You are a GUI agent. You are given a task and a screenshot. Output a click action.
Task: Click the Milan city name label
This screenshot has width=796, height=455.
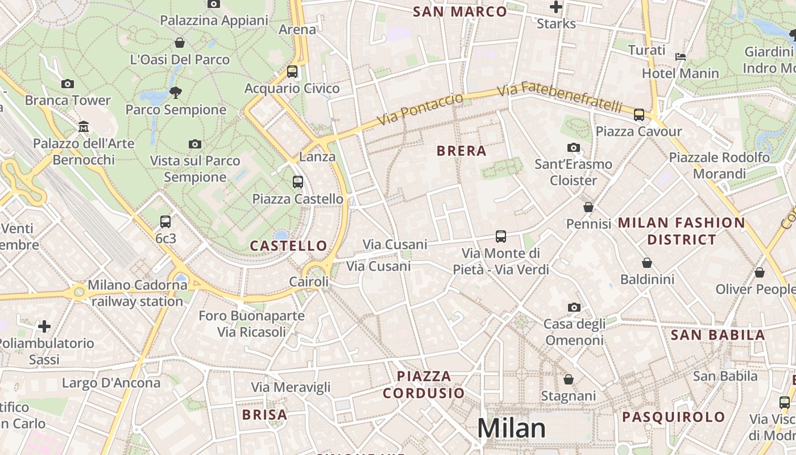(511, 428)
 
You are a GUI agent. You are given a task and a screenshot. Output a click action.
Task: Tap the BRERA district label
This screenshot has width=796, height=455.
(461, 151)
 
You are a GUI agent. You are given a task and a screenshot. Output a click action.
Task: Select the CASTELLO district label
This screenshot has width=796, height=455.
(288, 246)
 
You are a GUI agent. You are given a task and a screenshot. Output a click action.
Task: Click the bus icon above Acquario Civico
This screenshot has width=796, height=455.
(292, 72)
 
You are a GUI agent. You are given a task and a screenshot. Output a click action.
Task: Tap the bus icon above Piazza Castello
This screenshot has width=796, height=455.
(298, 182)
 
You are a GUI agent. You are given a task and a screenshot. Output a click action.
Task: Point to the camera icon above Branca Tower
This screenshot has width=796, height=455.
(68, 84)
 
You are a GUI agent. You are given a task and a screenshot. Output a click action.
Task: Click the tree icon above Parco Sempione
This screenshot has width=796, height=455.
(176, 92)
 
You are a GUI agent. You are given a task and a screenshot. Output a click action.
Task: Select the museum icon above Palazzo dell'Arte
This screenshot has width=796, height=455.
(84, 126)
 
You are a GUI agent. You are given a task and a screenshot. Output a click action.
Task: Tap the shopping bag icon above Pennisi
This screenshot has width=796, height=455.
(588, 207)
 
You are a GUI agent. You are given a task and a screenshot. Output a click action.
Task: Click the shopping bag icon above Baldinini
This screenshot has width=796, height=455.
(647, 263)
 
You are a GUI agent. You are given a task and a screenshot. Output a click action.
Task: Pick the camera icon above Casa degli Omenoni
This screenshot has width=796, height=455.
(574, 307)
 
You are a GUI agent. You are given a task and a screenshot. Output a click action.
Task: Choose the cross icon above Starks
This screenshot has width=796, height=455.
(556, 7)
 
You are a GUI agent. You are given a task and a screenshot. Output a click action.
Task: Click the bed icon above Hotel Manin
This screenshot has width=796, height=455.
(681, 57)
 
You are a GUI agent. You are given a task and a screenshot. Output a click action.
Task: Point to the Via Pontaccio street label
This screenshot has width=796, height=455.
(420, 109)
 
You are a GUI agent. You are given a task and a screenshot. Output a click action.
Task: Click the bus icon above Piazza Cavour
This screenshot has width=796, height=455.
(639, 115)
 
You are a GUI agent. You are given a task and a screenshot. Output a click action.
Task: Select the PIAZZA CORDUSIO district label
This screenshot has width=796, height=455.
(424, 384)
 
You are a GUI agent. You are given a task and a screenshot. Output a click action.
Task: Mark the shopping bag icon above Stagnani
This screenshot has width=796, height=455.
(569, 379)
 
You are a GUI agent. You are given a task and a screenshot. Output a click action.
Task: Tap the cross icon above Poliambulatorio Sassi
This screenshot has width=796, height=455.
(44, 326)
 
